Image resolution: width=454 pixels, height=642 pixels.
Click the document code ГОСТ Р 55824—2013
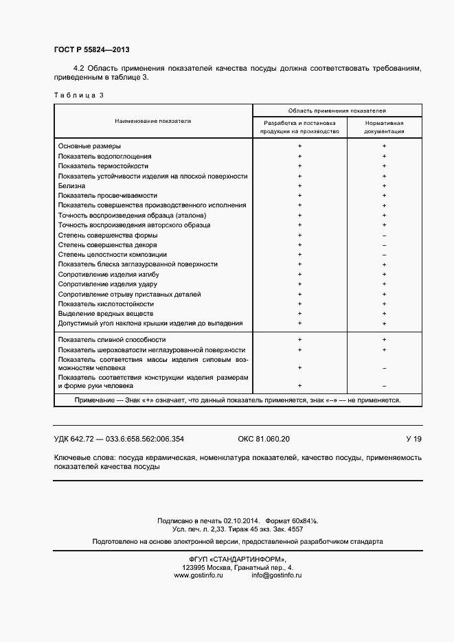click(91, 51)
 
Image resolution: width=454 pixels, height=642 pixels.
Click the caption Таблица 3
click(78, 95)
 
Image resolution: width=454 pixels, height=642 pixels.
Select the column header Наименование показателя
click(153, 121)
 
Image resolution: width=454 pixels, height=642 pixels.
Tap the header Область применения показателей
click(337, 110)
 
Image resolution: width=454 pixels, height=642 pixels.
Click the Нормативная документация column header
click(384, 126)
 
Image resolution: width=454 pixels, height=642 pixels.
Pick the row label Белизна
click(72, 185)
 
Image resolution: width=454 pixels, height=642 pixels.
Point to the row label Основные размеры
click(89, 146)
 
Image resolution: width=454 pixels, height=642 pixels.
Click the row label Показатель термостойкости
click(103, 166)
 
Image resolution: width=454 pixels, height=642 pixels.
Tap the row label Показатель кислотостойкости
click(106, 303)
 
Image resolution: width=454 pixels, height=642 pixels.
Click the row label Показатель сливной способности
click(112, 340)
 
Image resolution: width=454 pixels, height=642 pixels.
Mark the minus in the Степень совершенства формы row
click(384, 236)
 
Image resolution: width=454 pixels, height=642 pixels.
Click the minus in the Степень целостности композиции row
click(384, 255)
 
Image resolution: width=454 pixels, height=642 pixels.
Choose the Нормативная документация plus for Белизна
click(384, 185)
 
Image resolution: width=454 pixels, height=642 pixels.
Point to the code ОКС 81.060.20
click(264, 439)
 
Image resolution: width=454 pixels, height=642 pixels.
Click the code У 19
click(413, 439)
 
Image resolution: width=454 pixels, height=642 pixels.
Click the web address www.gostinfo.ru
click(199, 575)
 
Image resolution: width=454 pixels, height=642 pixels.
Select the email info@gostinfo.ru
click(277, 575)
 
